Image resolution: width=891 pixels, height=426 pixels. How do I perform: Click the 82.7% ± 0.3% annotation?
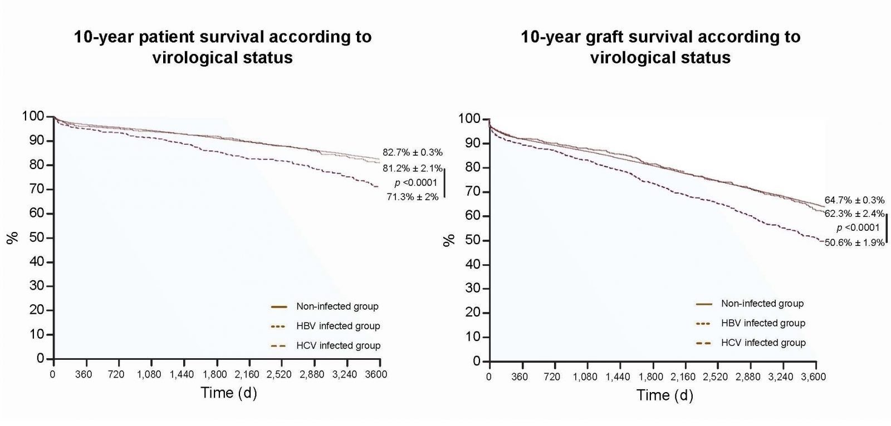(x=412, y=152)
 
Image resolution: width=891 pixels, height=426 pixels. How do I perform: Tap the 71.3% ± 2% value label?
(x=412, y=196)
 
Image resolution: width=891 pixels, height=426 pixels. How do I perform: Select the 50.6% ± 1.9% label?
(x=854, y=242)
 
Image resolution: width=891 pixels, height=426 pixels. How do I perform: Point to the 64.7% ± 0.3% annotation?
(x=854, y=200)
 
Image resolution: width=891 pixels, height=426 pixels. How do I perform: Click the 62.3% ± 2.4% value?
(x=854, y=214)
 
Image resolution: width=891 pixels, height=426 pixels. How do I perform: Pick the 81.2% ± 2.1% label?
(x=412, y=168)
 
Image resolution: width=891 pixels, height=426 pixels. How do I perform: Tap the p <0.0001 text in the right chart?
(x=858, y=227)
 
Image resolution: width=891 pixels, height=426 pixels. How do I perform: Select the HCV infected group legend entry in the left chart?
(x=338, y=345)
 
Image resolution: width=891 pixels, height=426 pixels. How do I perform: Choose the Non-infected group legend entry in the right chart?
(x=762, y=304)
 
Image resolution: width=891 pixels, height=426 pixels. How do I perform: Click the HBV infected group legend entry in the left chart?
(x=338, y=326)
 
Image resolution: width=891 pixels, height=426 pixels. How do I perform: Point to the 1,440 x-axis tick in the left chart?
(x=181, y=374)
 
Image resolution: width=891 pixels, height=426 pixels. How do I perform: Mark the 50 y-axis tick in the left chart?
(x=37, y=238)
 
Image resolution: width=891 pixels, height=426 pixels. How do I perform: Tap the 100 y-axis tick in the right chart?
(x=469, y=119)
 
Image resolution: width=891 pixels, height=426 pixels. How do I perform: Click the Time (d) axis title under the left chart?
(x=228, y=393)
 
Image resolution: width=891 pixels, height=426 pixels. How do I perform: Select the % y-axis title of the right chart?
(x=449, y=240)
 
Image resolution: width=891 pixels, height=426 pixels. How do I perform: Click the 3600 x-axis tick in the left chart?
(x=377, y=374)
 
